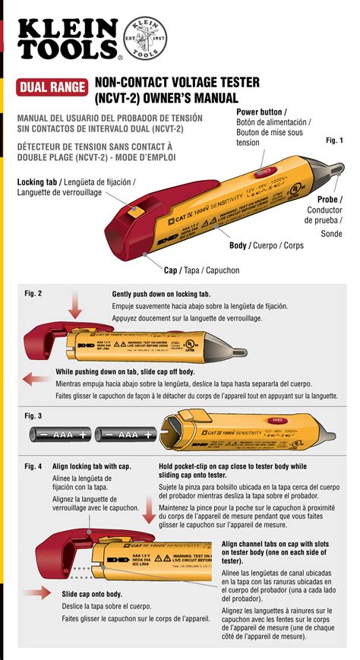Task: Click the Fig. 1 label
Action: coord(334,141)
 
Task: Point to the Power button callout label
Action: coord(267,112)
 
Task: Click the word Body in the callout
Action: coord(240,246)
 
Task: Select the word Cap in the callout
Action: coord(172,270)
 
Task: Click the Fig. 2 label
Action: coord(33,293)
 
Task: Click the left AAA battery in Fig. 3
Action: coord(62,434)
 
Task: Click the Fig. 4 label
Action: coord(33,466)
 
